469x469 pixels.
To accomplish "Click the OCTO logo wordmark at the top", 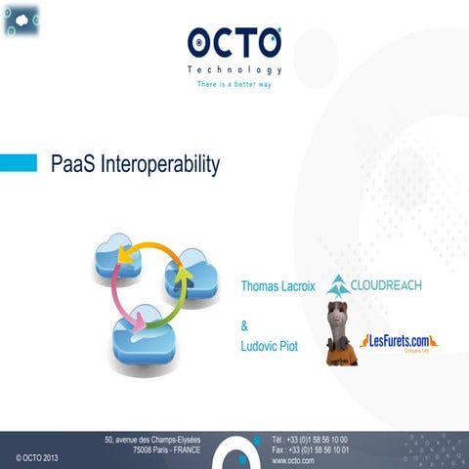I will pos(234,44).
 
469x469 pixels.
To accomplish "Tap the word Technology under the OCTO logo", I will pos(234,70).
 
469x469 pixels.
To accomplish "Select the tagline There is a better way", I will pos(234,85).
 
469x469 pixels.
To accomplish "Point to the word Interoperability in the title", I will pos(157,163).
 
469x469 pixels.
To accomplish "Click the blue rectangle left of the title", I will pos(19,162).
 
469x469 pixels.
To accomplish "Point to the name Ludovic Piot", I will pos(270,347).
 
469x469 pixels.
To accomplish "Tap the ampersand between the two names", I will pos(244,326).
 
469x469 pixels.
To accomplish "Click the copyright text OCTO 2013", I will pos(37,457).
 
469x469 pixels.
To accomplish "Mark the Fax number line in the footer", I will pos(310,449).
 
